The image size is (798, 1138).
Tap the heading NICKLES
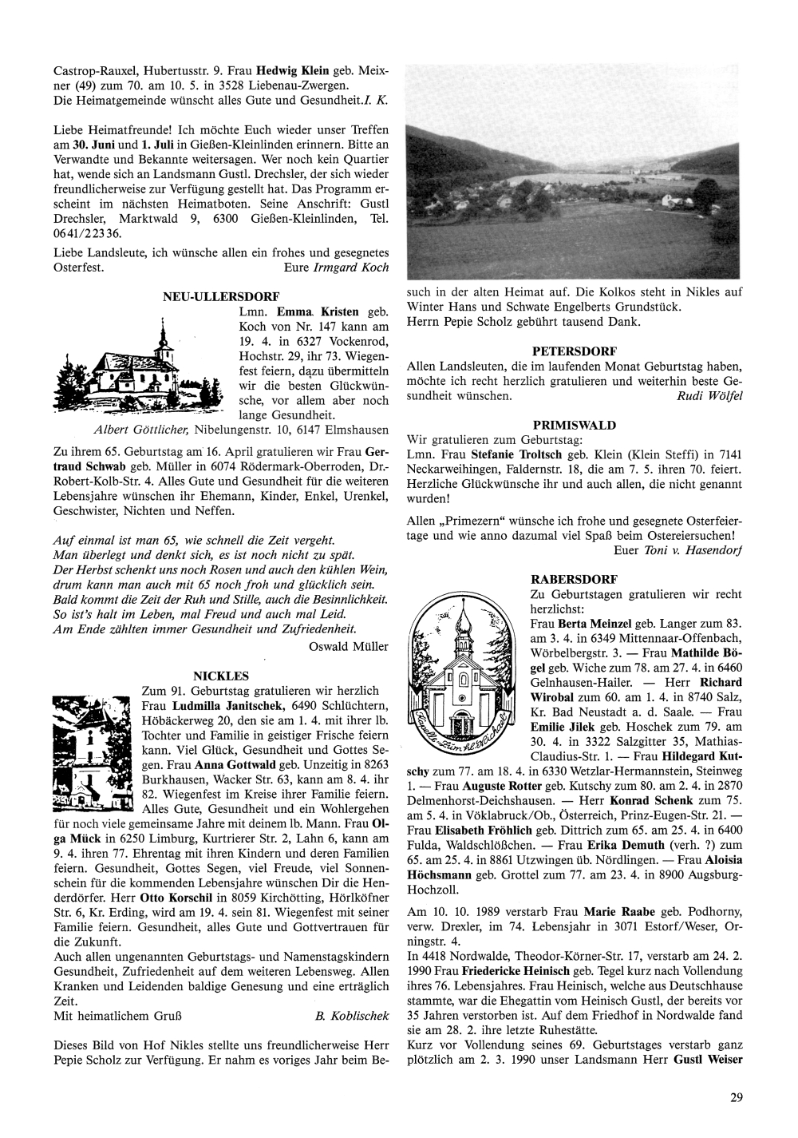[221, 676]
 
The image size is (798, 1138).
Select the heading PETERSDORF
[574, 351]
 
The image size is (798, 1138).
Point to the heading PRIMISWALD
[574, 425]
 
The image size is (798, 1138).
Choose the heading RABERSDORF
[574, 579]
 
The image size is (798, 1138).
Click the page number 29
[736, 1098]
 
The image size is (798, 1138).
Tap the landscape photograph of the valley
[575, 172]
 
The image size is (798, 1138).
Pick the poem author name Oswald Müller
[349, 646]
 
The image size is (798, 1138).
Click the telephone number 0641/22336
[87, 233]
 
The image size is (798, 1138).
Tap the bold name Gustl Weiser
[709, 1061]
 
